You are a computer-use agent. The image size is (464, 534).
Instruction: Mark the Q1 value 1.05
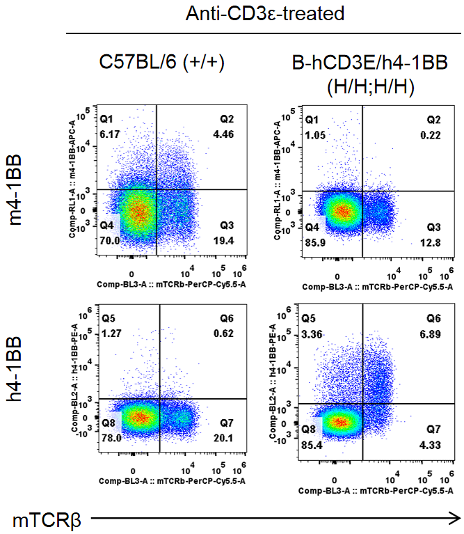[316, 134]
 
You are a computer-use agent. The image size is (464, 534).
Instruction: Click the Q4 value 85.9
[316, 242]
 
